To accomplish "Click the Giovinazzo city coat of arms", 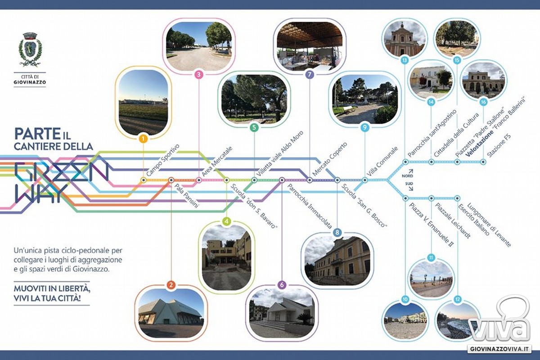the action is click(x=30, y=49).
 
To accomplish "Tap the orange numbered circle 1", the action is click(x=144, y=139).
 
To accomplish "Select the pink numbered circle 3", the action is click(x=198, y=75).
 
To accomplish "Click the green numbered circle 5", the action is click(x=254, y=127).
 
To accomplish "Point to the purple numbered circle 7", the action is click(x=310, y=75).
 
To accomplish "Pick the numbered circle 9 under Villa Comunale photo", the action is click(x=365, y=127).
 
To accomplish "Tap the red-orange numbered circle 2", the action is click(x=171, y=285).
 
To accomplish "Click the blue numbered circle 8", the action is click(x=337, y=233).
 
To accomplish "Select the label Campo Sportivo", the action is click(x=163, y=160).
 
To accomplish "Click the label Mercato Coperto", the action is click(x=330, y=159).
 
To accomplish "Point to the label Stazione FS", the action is click(x=499, y=145).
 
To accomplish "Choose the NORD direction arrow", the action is click(x=410, y=171).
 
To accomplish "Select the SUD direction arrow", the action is click(x=410, y=188).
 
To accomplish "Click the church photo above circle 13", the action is click(x=405, y=39).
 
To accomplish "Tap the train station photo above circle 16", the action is click(x=483, y=80).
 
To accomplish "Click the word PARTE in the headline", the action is click(x=37, y=134).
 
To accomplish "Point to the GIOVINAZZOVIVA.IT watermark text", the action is click(x=499, y=349).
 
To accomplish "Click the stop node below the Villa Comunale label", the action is click(x=365, y=180).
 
